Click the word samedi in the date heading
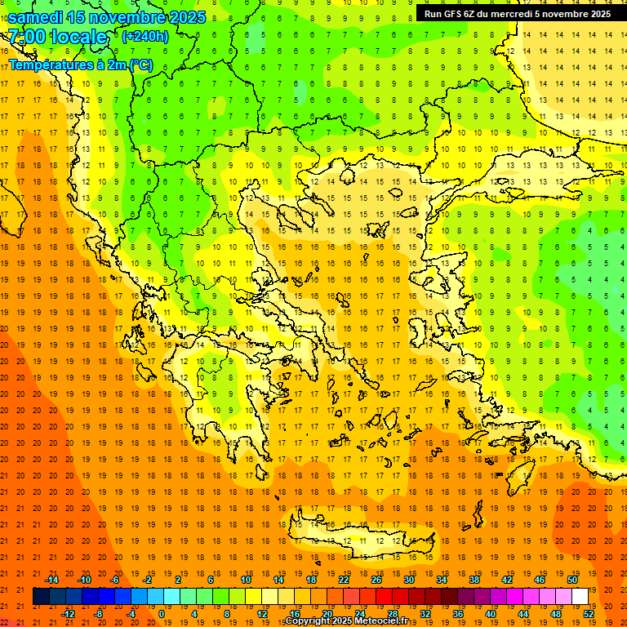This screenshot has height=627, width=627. coord(36,16)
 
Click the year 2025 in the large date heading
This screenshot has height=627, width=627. coord(180,16)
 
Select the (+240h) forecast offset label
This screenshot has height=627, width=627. coord(145,37)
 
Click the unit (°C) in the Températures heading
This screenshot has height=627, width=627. coord(140,64)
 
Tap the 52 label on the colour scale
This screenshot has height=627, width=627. coord(589,614)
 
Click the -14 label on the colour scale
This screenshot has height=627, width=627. coord(51,580)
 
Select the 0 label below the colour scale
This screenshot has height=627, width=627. coord(162,614)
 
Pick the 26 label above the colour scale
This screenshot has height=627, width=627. coord(376,580)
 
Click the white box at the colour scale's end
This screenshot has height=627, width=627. coord(580,597)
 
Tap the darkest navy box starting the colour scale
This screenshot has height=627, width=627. coord(41,597)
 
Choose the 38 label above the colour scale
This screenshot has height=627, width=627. coord(474,580)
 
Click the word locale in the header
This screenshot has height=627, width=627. coord(78,37)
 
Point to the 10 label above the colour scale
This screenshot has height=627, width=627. coord(246,580)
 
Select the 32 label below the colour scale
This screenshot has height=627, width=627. coord(425,614)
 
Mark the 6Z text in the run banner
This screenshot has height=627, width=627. coord(471,14)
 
